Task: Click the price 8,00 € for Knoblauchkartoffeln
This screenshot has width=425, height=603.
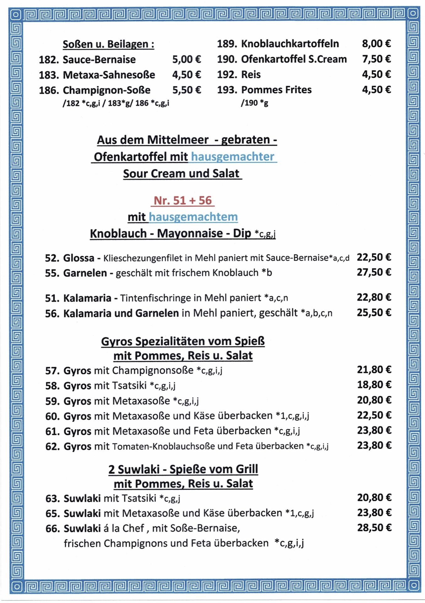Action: [x=376, y=44]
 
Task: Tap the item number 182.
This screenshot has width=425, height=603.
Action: [x=49, y=60]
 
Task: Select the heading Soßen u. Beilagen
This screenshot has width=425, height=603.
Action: [x=108, y=44]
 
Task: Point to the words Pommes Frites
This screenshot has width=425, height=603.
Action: [x=276, y=90]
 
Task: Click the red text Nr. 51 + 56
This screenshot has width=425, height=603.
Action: [x=183, y=200]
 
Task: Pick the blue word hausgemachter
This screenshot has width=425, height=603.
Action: [x=233, y=156]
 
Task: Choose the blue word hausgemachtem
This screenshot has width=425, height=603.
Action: [x=193, y=217]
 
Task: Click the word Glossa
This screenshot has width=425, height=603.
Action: [x=78, y=258]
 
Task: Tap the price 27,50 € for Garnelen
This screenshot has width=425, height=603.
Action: [x=374, y=272]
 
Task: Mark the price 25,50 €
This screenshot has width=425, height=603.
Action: [x=374, y=312]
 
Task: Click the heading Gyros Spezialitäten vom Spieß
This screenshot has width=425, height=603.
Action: [x=183, y=341]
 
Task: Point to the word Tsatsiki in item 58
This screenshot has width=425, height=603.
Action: [x=129, y=385]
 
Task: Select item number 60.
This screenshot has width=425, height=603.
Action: [x=52, y=416]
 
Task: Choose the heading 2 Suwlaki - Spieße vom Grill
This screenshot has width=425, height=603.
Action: [x=183, y=469]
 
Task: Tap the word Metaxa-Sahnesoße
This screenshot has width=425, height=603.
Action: [x=109, y=75]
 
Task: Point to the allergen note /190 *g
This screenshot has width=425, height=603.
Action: [x=254, y=103]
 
